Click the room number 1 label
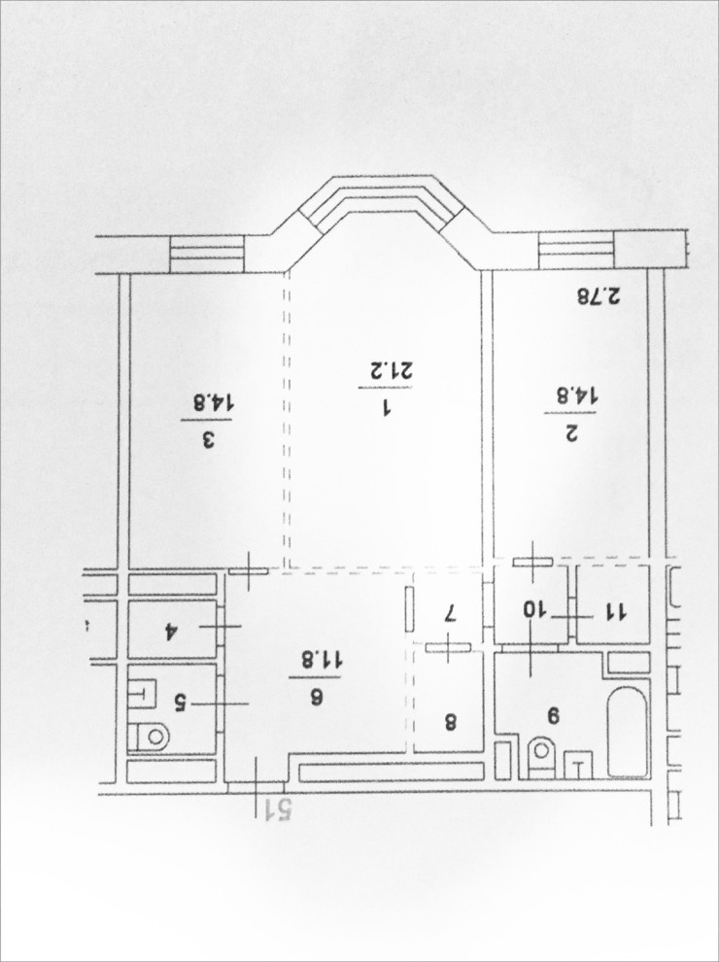387,408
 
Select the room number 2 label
570,434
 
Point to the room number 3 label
208,440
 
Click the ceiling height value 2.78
599,297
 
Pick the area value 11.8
315,660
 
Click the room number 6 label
317,699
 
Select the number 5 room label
181,703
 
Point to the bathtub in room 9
628,732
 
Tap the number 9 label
554,715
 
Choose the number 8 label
450,723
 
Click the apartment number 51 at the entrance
277,809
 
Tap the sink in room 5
143,693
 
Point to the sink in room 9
578,765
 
